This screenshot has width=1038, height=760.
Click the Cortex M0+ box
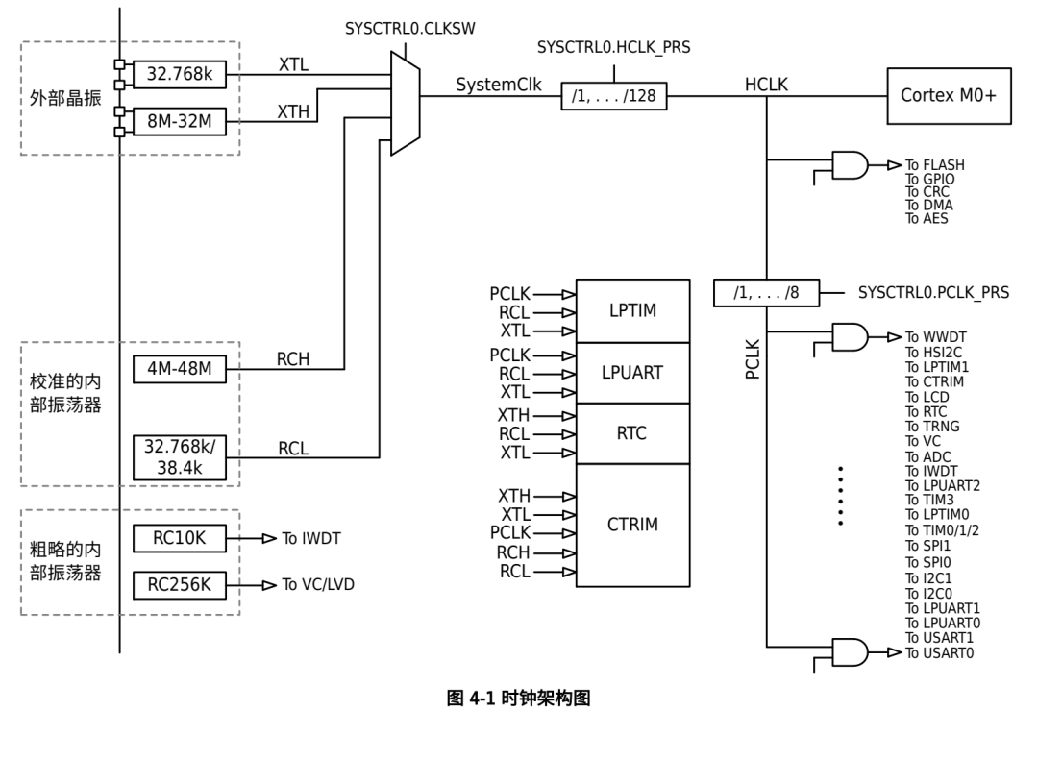[949, 96]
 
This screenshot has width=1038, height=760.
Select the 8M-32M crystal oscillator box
[180, 121]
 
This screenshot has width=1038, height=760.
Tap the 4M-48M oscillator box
[180, 369]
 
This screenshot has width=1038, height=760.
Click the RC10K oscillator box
[180, 538]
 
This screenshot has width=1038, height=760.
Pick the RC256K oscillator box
[180, 585]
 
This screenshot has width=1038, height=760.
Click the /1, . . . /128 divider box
[613, 96]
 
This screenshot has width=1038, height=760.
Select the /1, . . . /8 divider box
[766, 293]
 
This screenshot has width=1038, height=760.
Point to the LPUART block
[632, 373]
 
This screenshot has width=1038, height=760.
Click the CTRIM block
[632, 525]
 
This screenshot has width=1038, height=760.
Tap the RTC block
[632, 433]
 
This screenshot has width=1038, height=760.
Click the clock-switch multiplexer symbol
[406, 103]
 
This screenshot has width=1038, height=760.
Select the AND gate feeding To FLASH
[850, 165]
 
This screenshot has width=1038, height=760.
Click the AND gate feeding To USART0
[850, 652]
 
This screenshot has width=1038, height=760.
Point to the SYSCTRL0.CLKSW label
[410, 29]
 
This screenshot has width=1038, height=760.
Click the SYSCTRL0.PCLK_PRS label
[933, 293]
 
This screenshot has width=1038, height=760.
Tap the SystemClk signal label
[499, 85]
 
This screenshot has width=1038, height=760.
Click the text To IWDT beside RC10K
[311, 538]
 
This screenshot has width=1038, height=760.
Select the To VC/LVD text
[318, 584]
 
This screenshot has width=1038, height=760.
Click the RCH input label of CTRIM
[513, 552]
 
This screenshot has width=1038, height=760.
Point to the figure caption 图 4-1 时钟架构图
[518, 699]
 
